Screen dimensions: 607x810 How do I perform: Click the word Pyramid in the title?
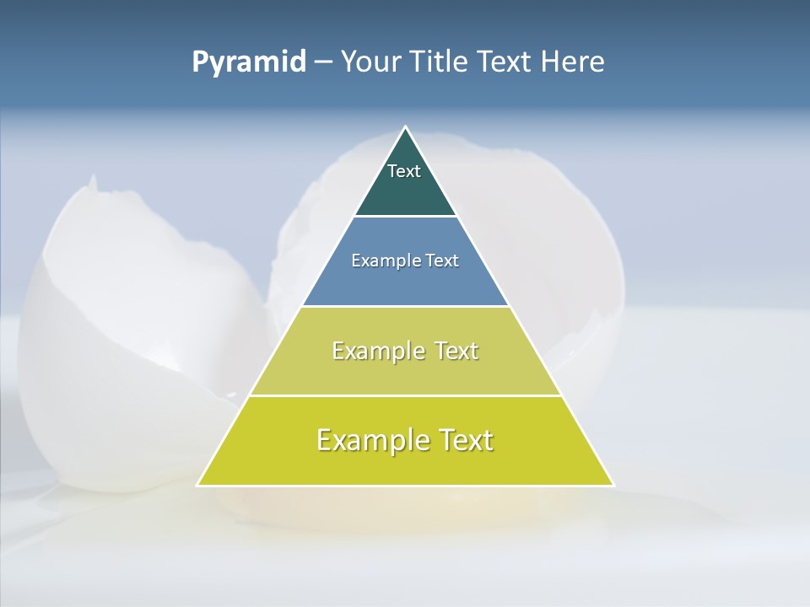click(249, 62)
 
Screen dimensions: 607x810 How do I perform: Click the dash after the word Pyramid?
click(322, 62)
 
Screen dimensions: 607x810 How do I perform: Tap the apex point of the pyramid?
click(406, 127)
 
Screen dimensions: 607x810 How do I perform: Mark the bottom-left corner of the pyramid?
click(198, 485)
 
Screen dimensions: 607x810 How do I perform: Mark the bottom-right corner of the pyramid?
click(613, 485)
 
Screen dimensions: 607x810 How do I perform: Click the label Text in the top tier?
click(403, 171)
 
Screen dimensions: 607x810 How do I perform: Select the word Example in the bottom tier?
click(370, 440)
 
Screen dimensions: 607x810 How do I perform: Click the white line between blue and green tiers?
click(405, 306)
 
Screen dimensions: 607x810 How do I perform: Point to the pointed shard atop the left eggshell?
click(91, 180)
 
